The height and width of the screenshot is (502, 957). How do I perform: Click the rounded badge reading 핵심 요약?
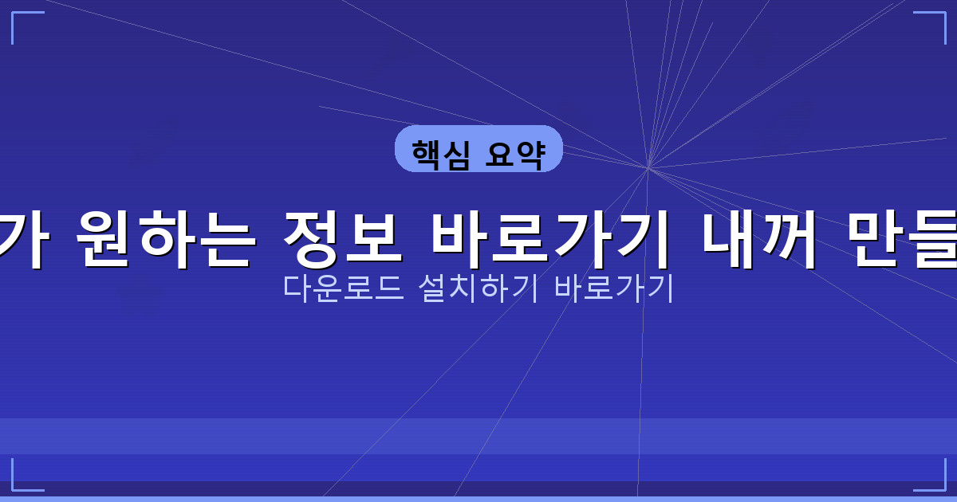(478, 149)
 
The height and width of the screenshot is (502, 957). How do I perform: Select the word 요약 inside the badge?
(514, 151)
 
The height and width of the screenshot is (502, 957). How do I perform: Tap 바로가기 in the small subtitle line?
(614, 288)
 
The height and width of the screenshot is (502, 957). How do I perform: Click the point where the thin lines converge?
(648, 168)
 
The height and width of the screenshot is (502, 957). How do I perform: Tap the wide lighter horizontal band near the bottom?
(478, 436)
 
